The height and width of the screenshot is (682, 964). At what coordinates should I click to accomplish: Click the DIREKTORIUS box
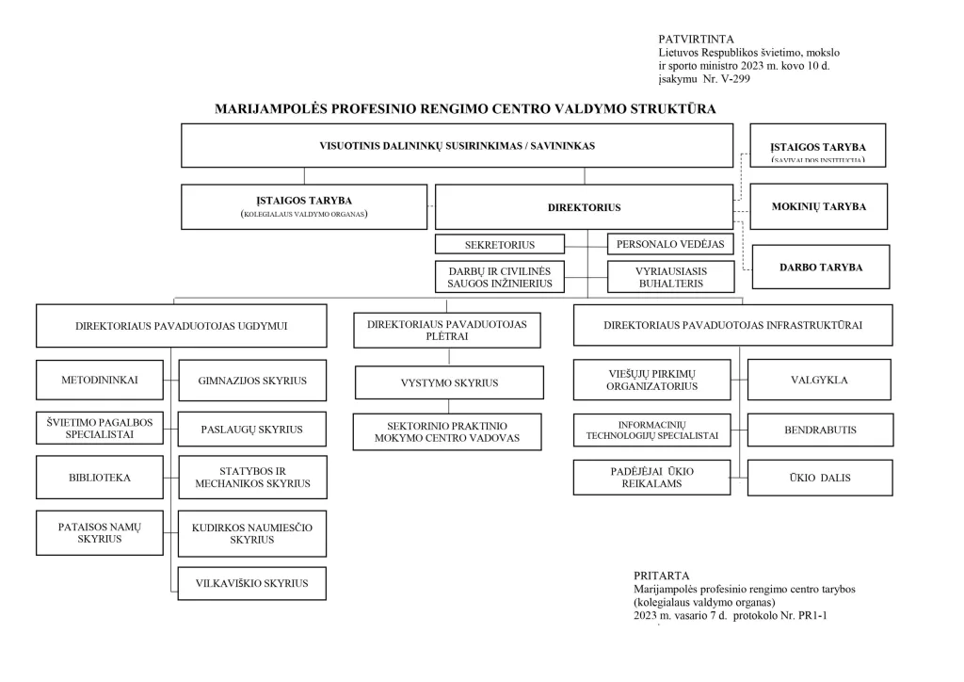coord(584,207)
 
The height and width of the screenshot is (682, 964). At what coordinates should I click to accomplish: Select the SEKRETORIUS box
coord(499,245)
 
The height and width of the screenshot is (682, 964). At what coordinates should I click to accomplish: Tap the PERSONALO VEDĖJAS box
coord(670,245)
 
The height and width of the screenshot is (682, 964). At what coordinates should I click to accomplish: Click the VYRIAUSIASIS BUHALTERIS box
coord(671,276)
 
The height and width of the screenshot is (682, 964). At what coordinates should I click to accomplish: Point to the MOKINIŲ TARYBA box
coord(818,207)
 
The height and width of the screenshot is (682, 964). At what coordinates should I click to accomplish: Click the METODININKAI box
coord(99,381)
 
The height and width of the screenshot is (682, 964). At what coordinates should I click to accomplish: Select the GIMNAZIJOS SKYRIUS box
coord(252,381)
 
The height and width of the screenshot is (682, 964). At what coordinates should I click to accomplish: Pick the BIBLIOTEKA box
coord(99,478)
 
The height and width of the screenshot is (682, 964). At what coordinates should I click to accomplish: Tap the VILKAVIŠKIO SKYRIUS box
coord(252,583)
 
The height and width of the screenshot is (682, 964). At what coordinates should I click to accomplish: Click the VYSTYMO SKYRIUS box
coord(449,382)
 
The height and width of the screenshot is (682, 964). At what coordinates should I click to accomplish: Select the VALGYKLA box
coord(819,381)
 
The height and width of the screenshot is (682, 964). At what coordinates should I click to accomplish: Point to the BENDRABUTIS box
coord(819,430)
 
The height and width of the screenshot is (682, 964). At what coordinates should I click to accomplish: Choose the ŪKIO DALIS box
coord(819,478)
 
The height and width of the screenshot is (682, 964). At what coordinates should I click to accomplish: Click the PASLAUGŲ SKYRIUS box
coord(252,430)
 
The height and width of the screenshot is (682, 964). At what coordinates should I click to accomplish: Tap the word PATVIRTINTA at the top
coord(696,39)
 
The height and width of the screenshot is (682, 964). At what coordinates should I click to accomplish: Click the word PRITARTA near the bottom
coord(662,576)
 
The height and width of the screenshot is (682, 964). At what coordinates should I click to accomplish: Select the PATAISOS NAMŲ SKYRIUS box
coord(99,532)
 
